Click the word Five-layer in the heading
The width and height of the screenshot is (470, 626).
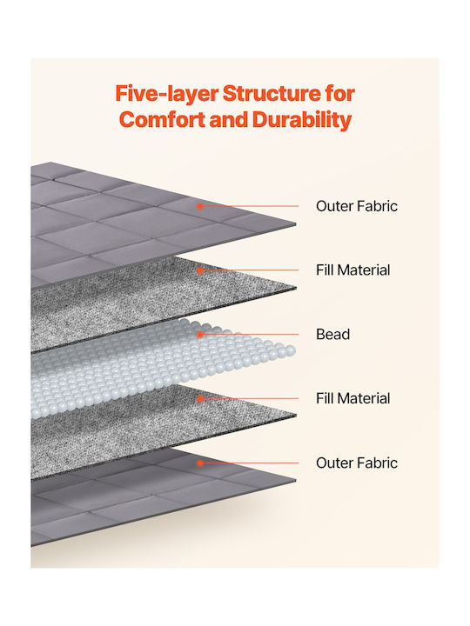pos(166,94)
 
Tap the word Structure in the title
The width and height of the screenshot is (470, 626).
pos(272,93)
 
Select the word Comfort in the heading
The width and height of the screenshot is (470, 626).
pos(162,120)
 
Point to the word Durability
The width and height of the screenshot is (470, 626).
pos(302,121)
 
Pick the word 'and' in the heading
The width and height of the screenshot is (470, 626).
pos(229,120)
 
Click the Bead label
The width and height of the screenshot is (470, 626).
pos(332,334)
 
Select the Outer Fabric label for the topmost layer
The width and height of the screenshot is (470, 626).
pos(357,206)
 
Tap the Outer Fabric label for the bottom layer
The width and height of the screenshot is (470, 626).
pos(357,463)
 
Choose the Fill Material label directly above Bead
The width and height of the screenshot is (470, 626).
pos(352,270)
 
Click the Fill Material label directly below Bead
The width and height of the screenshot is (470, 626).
pos(352,398)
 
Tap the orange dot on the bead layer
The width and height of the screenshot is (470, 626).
pos(200,334)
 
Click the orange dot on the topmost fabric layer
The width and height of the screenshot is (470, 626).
pos(200,206)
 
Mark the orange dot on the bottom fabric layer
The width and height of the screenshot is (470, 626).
pos(200,463)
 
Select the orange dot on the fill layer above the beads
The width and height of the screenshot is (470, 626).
pos(200,270)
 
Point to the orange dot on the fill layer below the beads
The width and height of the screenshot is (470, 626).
pos(200,398)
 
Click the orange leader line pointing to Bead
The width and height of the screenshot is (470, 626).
pos(251,334)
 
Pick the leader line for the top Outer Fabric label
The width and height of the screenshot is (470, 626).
pos(251,206)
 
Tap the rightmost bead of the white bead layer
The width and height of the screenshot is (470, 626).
pos(291,351)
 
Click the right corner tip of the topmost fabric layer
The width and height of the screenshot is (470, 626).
pos(296,224)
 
